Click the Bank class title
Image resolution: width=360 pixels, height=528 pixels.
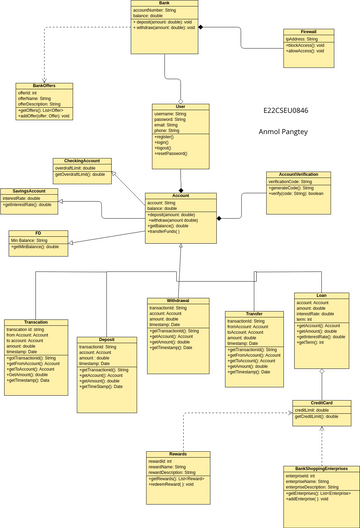pyautogui.click(x=164, y=4)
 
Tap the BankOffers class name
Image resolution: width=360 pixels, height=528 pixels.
pyautogui.click(x=44, y=85)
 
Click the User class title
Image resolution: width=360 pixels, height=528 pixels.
pyautogui.click(x=181, y=106)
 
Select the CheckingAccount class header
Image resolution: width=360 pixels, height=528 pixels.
pyautogui.click(x=82, y=161)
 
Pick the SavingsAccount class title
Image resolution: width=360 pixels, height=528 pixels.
pyautogui.click(x=29, y=191)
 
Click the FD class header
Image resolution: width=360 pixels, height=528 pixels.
pyautogui.click(x=38, y=233)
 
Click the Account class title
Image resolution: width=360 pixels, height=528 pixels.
pyautogui.click(x=181, y=196)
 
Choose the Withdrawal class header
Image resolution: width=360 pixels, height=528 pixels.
pyautogui.click(x=180, y=300)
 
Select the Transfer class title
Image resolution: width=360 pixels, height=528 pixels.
pyautogui.click(x=253, y=313)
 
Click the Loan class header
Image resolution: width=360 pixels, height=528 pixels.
pyautogui.click(x=321, y=296)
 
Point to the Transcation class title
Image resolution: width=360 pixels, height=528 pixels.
pyautogui.click(x=35, y=323)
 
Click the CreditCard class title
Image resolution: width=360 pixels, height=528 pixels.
pyautogui.click(x=321, y=403)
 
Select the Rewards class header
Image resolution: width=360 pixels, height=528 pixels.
pyautogui.click(x=178, y=454)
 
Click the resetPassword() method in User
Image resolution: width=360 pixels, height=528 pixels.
pyautogui.click(x=172, y=153)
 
